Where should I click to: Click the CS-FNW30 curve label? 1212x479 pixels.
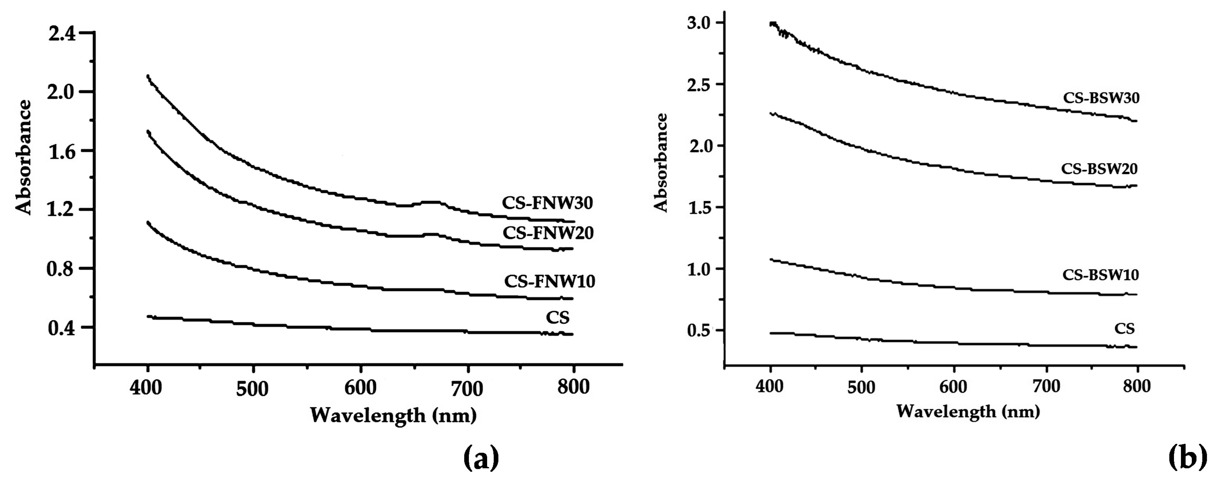point(547,203)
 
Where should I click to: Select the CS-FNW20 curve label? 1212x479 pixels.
point(548,233)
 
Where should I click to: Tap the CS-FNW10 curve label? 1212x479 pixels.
point(549,281)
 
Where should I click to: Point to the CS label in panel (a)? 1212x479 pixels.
point(558,318)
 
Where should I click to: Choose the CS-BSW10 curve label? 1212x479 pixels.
point(1101,274)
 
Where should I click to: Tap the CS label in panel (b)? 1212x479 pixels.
point(1125,328)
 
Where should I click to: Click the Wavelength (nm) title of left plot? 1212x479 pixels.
point(393,415)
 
